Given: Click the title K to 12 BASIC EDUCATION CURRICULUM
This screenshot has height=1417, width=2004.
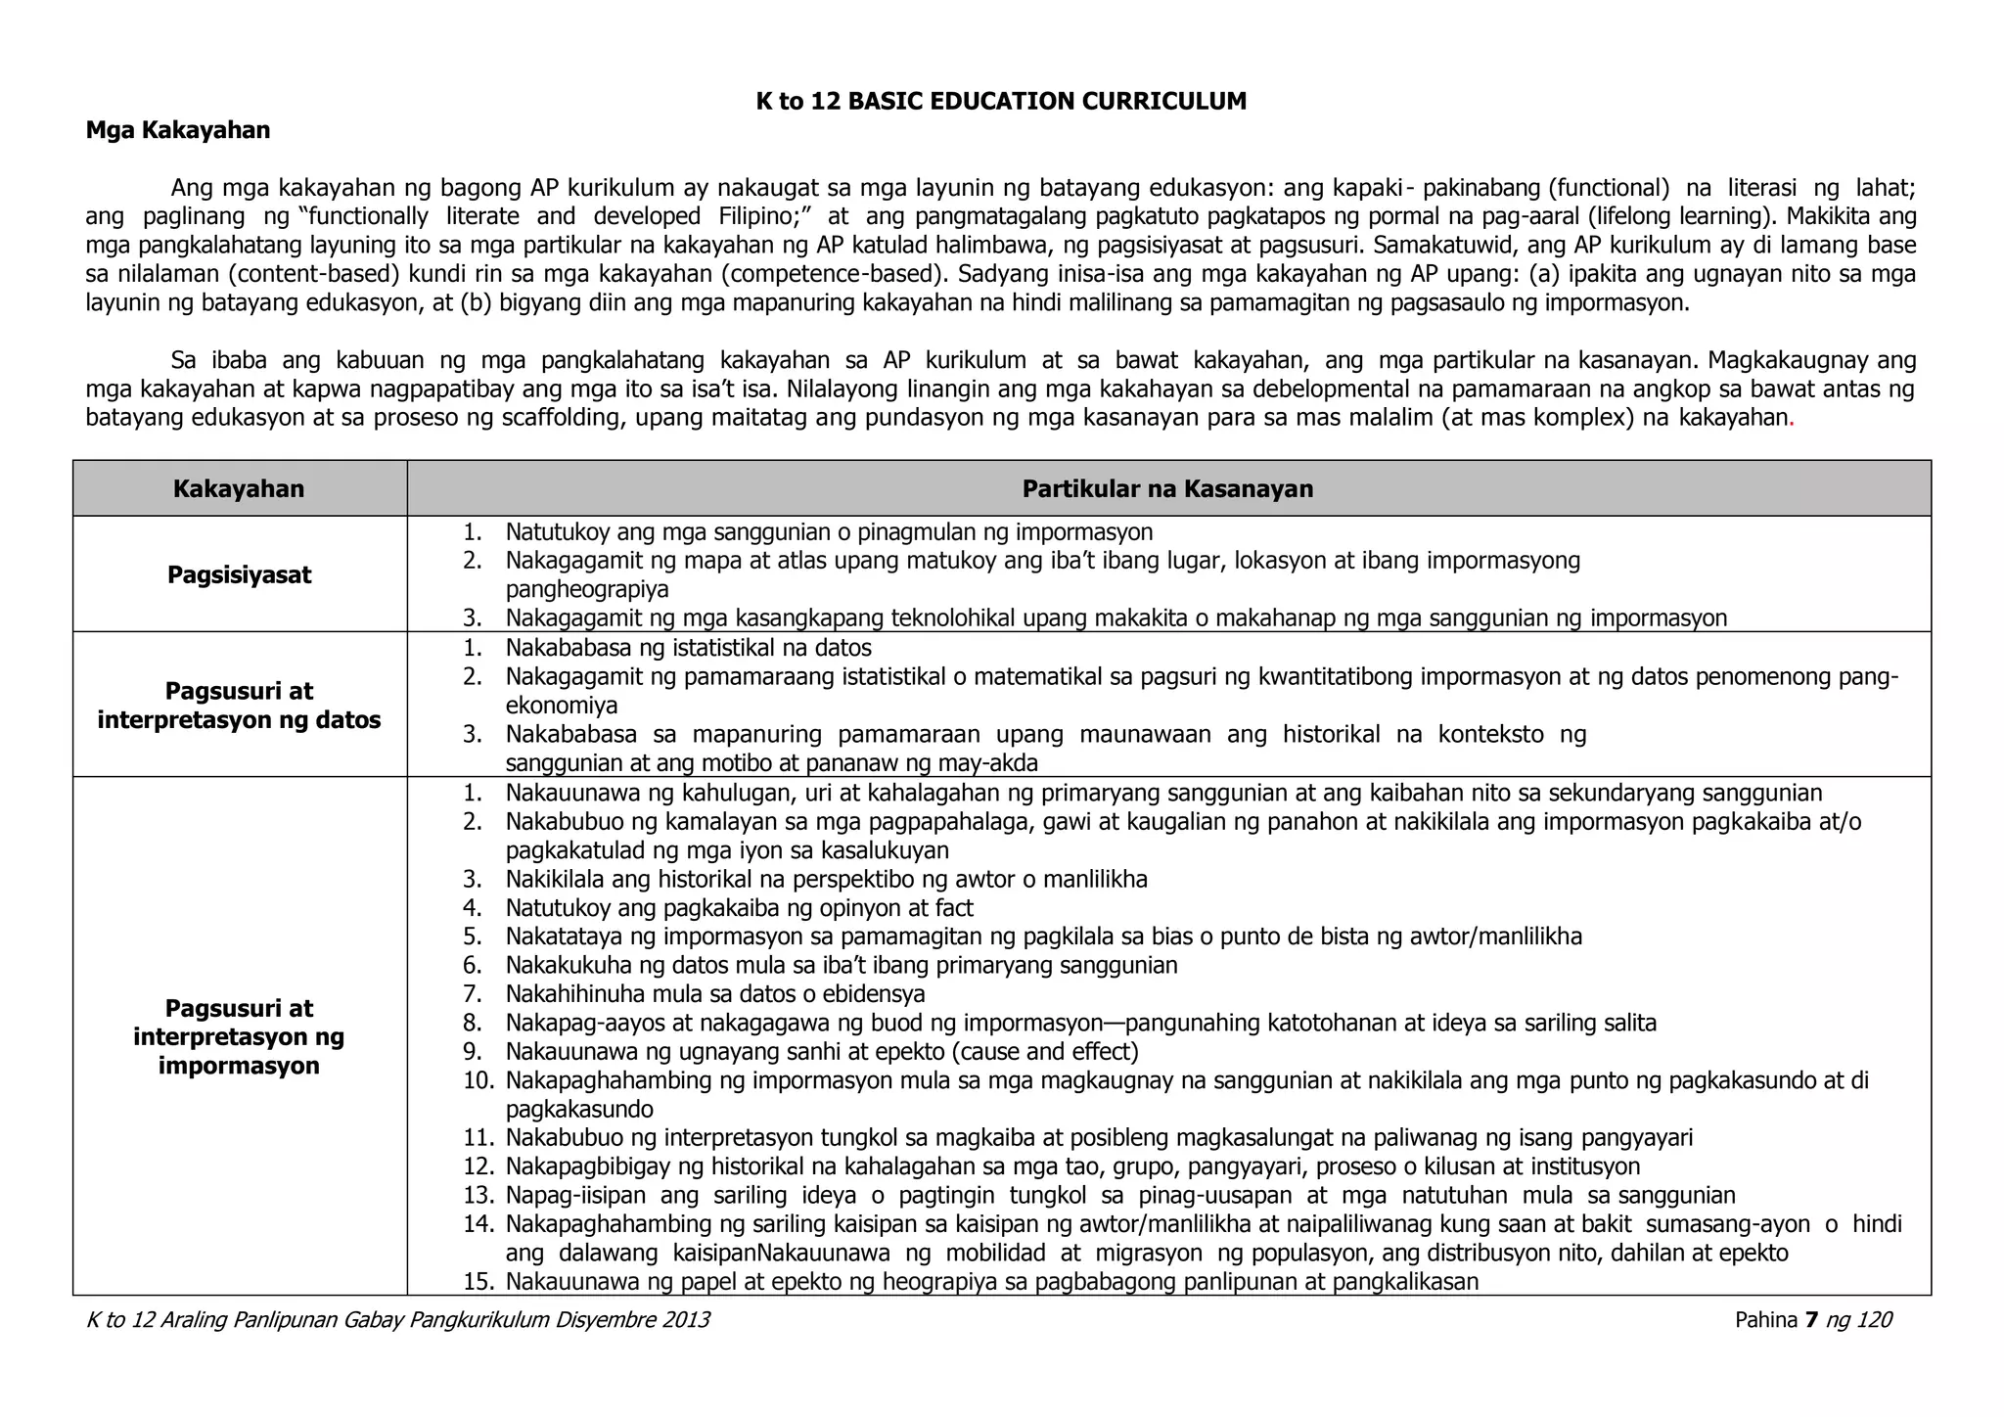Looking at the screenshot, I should [1001, 102].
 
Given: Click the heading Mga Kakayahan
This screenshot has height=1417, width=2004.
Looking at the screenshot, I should [178, 130].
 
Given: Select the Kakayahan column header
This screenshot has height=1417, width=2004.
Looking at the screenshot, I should [239, 488].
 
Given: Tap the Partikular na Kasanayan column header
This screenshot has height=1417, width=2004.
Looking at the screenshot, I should [1167, 488].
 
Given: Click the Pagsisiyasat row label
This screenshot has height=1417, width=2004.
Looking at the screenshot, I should [239, 574].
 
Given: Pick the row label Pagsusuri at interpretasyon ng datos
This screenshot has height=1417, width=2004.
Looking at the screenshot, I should [239, 706].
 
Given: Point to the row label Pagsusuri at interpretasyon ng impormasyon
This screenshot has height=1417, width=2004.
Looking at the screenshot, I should [239, 1036].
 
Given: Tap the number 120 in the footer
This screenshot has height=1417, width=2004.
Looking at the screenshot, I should [1873, 1320].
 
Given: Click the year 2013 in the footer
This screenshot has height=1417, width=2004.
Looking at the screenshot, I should [686, 1320].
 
